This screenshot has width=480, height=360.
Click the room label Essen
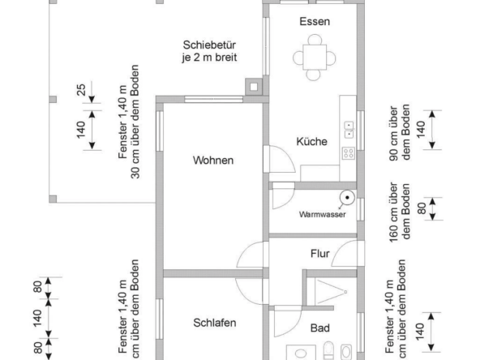[x=315, y=21]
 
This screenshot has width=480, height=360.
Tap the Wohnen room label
[x=213, y=160]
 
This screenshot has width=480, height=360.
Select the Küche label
[x=311, y=141]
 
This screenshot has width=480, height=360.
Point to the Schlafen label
[x=215, y=323]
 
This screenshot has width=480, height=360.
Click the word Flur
[x=320, y=254]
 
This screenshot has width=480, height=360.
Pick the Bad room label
[x=320, y=328]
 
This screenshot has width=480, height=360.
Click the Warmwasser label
[x=323, y=214]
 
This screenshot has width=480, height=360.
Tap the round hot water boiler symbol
[x=347, y=198]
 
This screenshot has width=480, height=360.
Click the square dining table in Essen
[x=315, y=58]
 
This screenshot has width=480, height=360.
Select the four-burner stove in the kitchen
[x=349, y=153]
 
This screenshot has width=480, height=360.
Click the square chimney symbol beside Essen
[x=254, y=87]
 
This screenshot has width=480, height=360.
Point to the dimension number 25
[x=81, y=89]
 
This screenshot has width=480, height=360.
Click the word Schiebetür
[x=209, y=45]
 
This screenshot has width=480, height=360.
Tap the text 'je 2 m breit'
[x=209, y=58]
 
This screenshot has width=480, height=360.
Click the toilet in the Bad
[x=328, y=350]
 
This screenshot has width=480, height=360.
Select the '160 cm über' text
[x=394, y=212]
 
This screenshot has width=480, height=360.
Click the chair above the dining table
[x=315, y=40]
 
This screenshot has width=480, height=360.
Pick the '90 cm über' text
[x=394, y=134]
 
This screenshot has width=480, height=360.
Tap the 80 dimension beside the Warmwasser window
[x=422, y=208]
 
